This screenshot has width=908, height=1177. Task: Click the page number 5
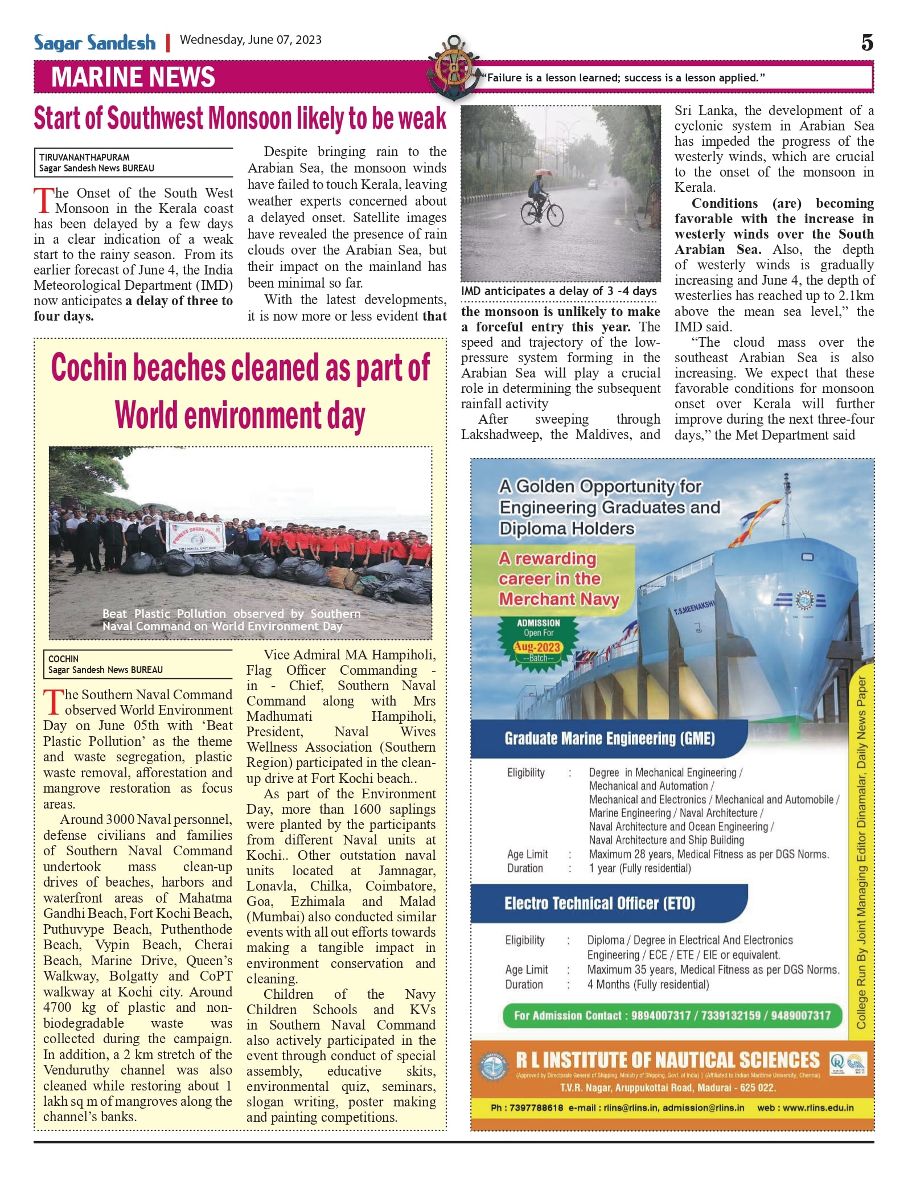[866, 43]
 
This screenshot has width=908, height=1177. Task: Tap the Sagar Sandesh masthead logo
[95, 43]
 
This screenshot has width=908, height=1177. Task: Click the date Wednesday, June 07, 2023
[250, 40]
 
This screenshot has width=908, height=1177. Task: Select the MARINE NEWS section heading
[133, 77]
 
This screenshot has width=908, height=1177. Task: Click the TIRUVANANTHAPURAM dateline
[84, 157]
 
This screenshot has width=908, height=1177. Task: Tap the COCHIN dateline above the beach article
[63, 659]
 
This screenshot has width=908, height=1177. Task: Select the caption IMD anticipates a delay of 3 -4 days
[558, 291]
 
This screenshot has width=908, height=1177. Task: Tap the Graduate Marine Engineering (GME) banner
[609, 739]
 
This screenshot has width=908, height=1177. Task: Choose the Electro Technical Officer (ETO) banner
[599, 904]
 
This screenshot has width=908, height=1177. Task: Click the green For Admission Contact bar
[672, 1016]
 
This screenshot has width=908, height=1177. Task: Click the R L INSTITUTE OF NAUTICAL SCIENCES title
[667, 1060]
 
